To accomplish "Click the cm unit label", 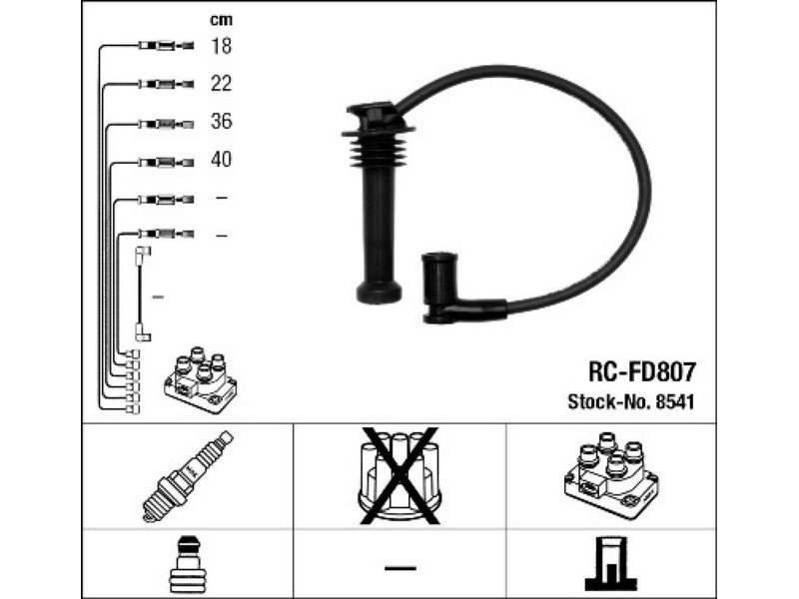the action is [221, 20].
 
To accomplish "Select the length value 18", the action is [221, 46].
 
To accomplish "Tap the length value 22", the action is [221, 84].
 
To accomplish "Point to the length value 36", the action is [221, 121].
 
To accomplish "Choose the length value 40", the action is [221, 160].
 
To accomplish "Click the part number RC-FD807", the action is [641, 371].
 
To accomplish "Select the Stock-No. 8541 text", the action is [631, 402].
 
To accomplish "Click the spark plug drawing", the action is [187, 476].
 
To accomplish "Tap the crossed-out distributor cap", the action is [399, 476].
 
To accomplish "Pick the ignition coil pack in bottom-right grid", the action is [611, 475].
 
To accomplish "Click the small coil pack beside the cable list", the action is [201, 380].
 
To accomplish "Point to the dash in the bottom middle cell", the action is [400, 567].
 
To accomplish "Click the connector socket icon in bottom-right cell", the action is [611, 564].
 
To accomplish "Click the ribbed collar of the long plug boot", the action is [377, 148].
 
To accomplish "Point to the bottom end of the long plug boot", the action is [379, 292].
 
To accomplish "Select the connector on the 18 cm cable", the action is [166, 46].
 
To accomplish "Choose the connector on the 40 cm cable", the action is [166, 163].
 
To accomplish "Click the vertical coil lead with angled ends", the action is [141, 294].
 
